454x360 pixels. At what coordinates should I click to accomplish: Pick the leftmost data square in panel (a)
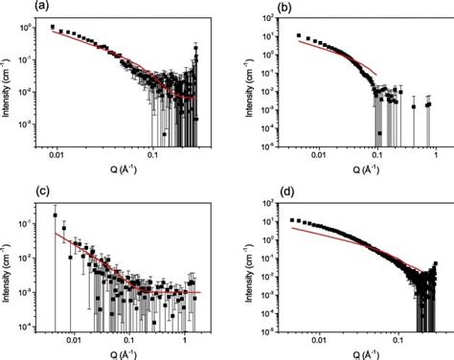[52, 28]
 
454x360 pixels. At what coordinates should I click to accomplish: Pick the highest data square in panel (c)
[55, 214]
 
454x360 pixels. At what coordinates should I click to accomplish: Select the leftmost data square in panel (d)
[292, 219]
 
